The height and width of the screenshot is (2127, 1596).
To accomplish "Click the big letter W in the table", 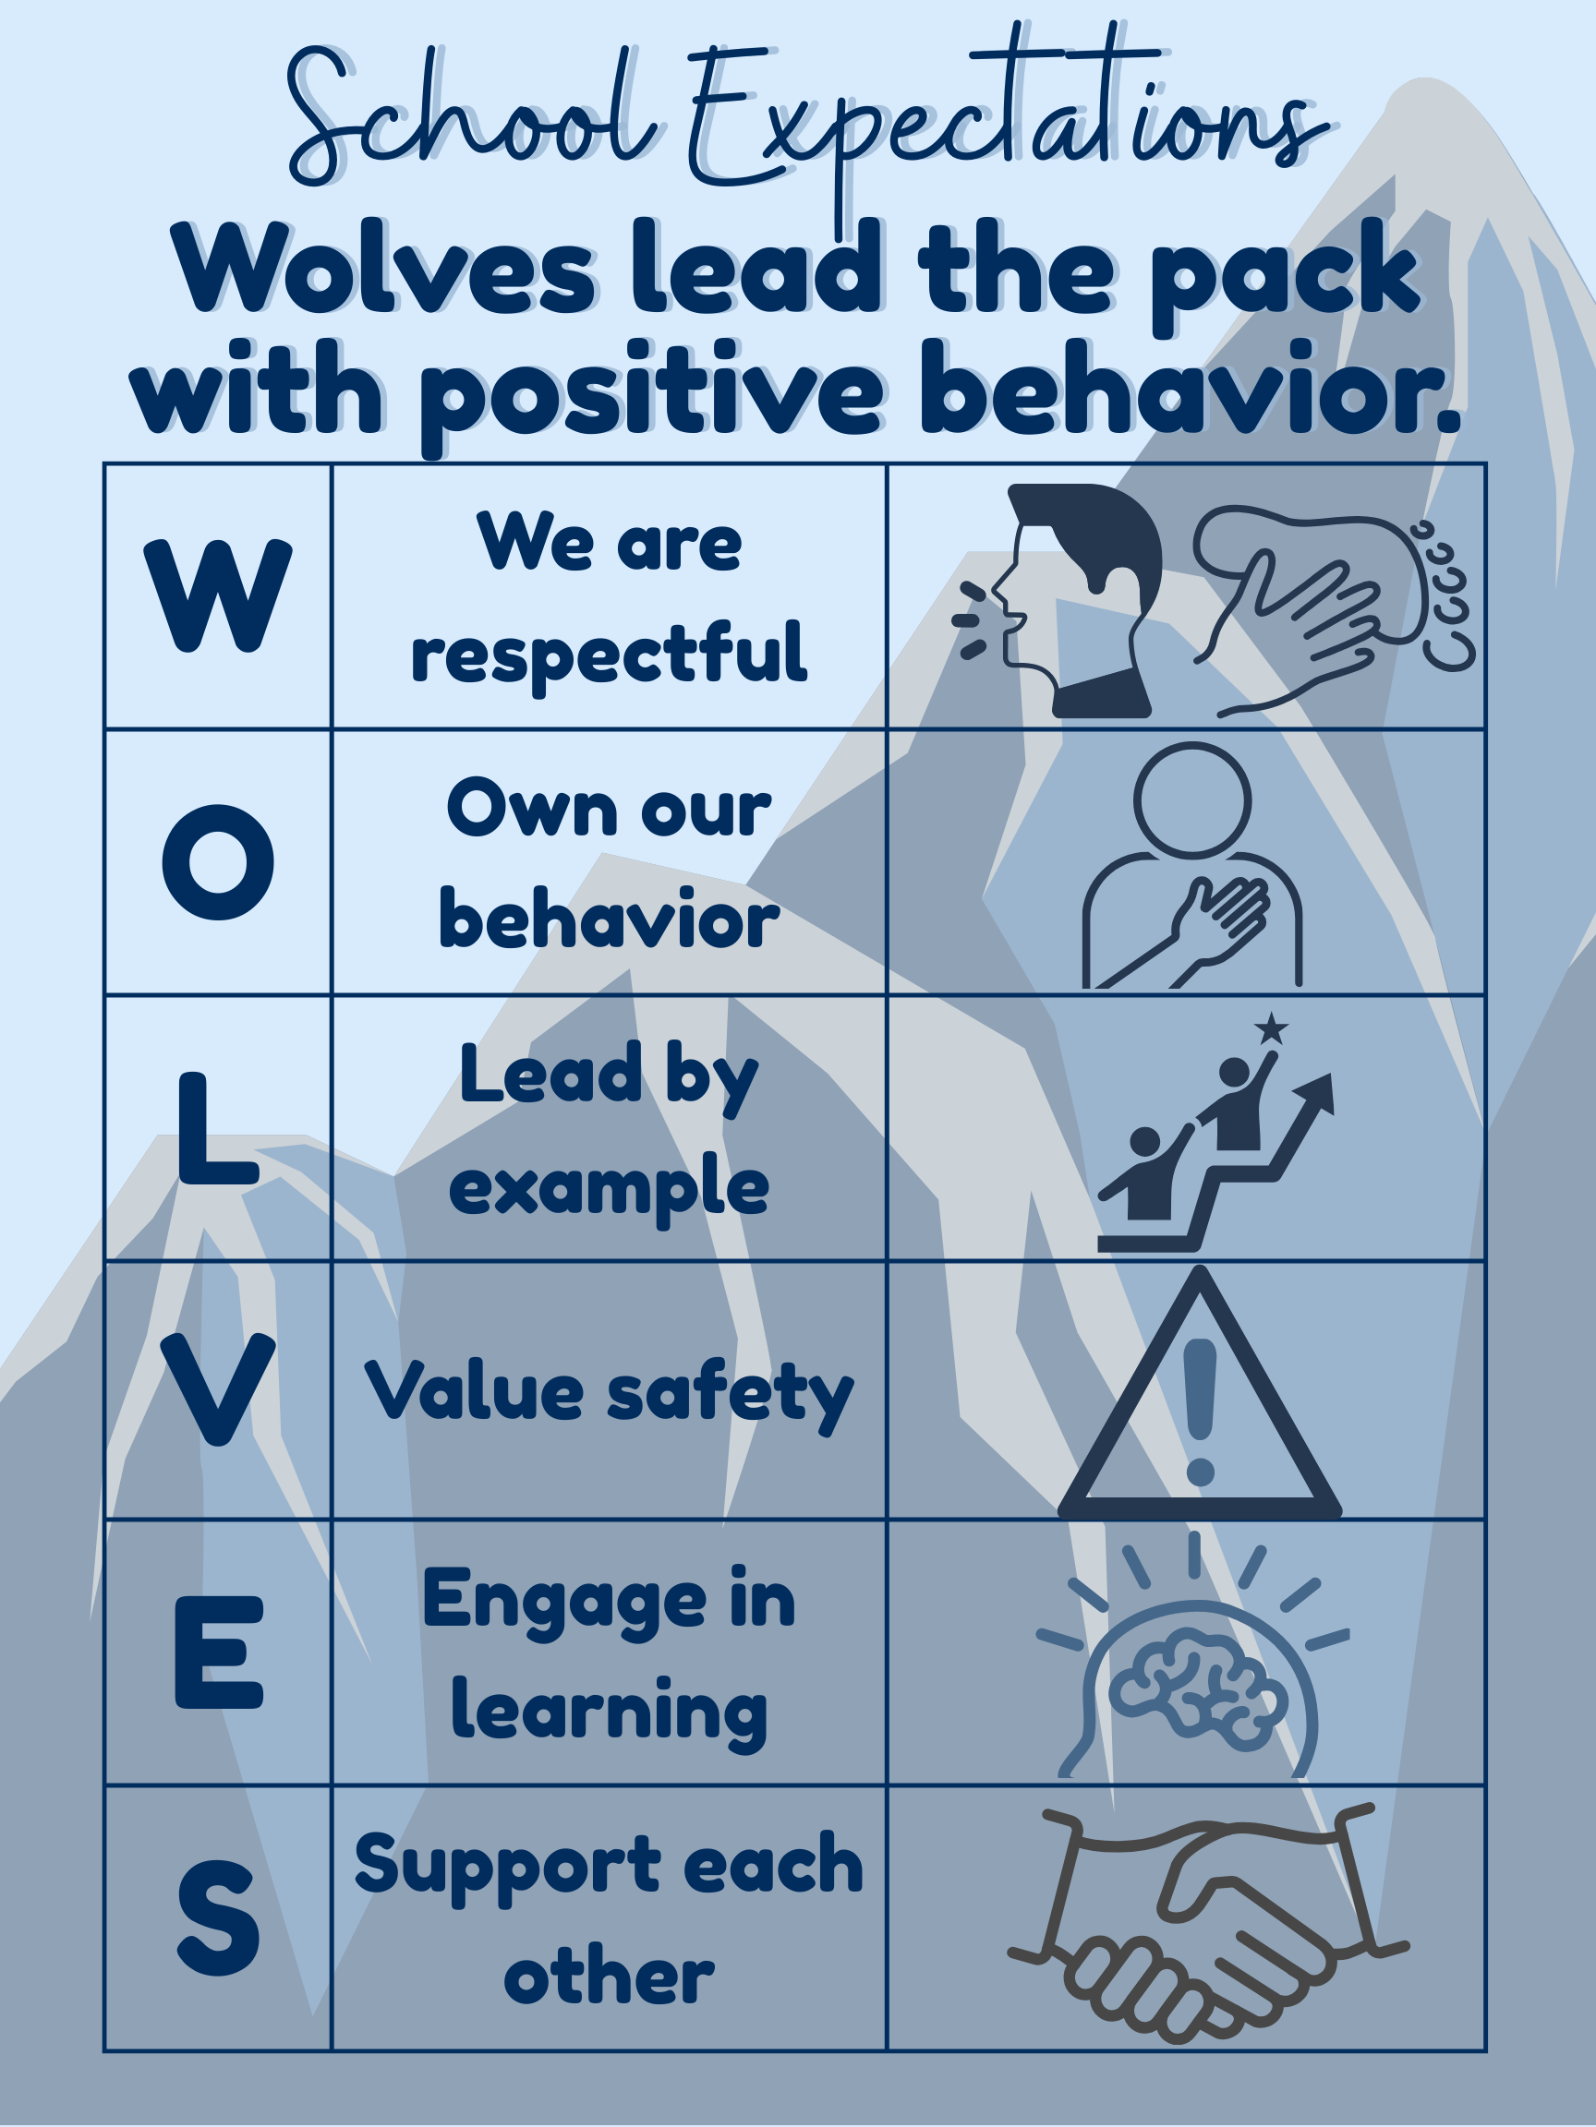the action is [217, 595].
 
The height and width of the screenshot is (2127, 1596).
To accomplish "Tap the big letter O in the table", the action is [218, 861].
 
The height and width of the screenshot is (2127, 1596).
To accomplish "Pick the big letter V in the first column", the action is [218, 1390].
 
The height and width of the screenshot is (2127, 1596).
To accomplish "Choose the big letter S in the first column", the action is [219, 1917].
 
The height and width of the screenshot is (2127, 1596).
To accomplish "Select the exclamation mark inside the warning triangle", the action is [1201, 1412].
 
